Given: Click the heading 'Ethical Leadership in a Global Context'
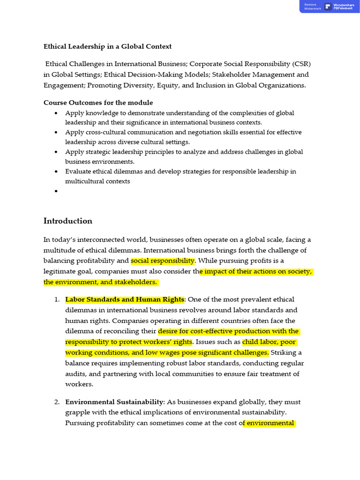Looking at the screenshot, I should [107, 46].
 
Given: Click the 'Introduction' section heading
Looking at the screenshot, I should [68, 221].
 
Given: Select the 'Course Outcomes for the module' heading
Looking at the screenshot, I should [98, 103].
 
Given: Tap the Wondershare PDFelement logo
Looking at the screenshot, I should [328, 7].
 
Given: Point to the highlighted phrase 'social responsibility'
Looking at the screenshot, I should [162, 261].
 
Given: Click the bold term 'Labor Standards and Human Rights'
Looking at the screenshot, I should [125, 300].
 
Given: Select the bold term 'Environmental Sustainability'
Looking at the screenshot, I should [114, 402].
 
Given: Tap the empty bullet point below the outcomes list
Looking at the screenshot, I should [56, 191].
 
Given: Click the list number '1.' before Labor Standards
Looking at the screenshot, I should [57, 300].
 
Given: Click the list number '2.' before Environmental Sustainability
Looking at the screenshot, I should [57, 402].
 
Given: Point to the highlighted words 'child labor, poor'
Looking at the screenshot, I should [269, 342].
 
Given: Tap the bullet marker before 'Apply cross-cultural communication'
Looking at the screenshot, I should [56, 133].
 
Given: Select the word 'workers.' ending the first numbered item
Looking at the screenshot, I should [79, 384].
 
